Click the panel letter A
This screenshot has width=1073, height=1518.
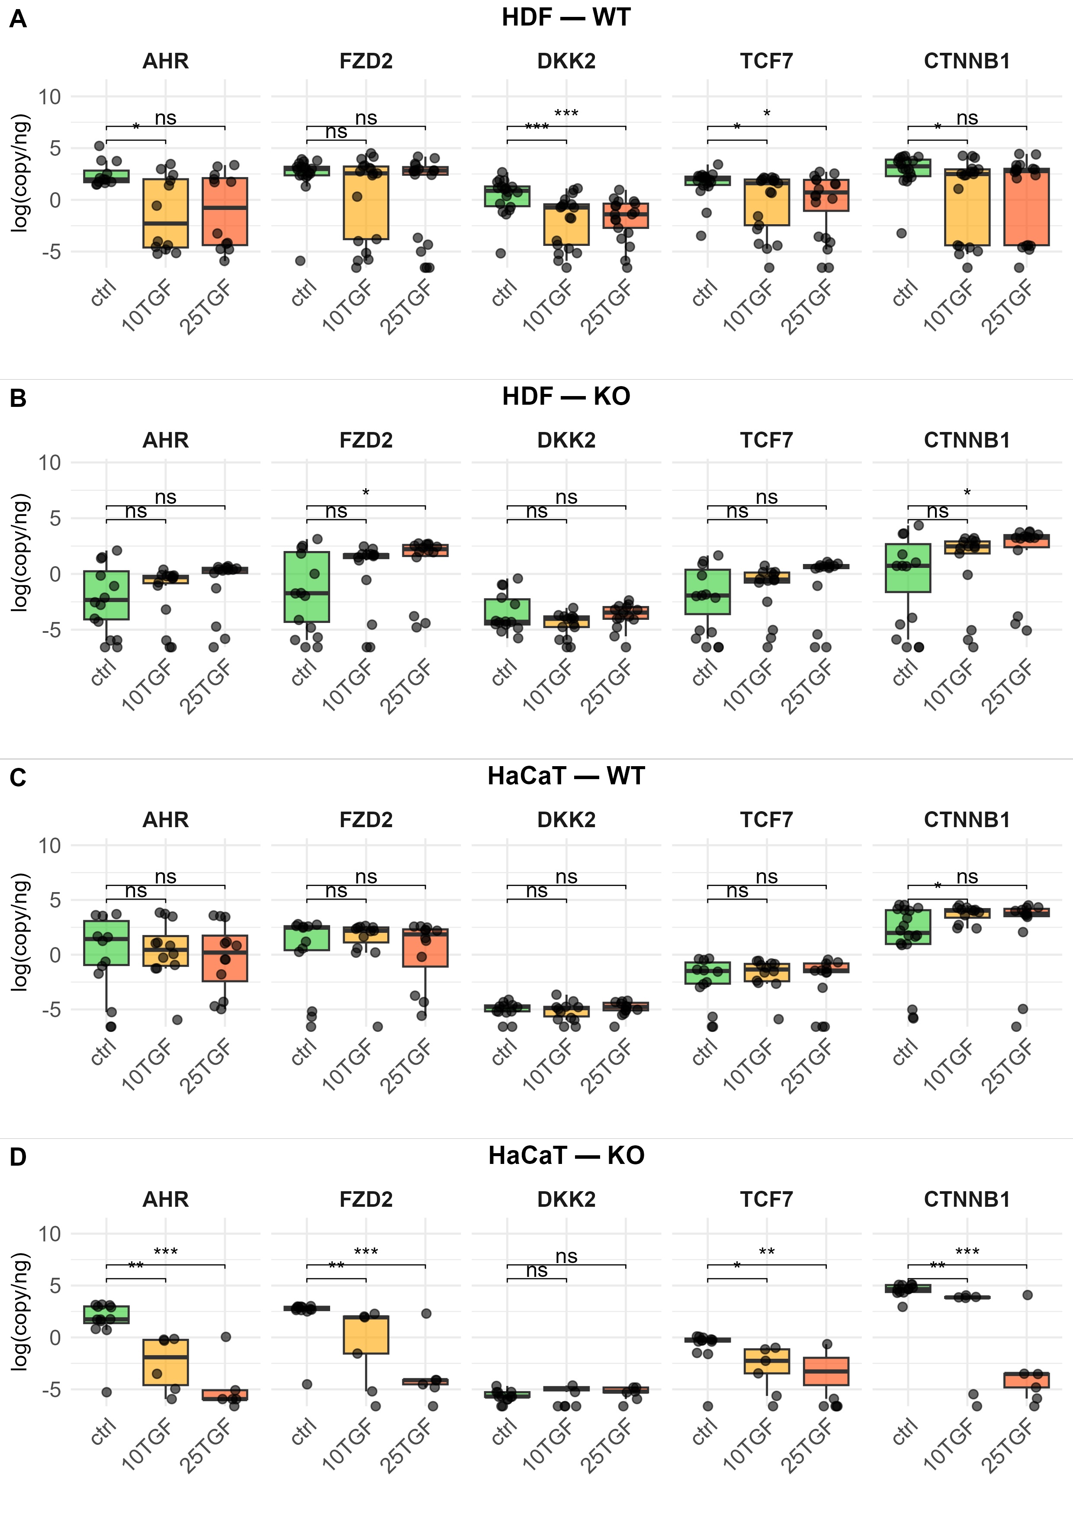click(18, 19)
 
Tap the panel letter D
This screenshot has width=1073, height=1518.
click(18, 1157)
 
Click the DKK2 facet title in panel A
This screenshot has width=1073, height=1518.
click(566, 61)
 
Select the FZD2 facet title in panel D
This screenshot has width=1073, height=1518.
click(366, 1199)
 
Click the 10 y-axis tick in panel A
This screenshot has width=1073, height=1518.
click(49, 97)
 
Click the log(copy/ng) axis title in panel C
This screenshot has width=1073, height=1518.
click(20, 932)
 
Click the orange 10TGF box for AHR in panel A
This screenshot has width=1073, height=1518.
click(166, 213)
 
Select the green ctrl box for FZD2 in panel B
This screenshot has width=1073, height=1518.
click(307, 587)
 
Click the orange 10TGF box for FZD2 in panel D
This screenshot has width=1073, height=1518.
click(366, 1335)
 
